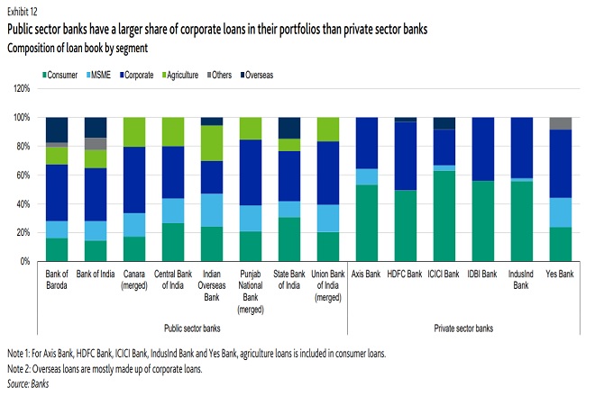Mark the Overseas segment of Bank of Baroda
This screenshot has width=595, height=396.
[x=57, y=130]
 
